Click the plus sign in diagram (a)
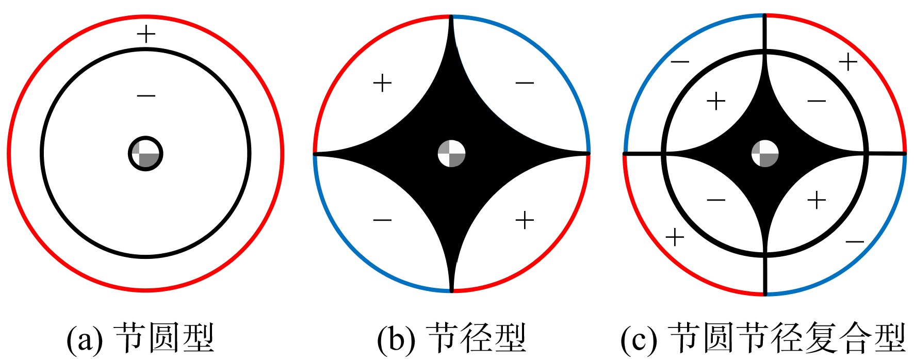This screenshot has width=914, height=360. [146, 35]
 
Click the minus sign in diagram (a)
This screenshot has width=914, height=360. [146, 95]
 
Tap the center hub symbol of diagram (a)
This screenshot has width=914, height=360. [145, 154]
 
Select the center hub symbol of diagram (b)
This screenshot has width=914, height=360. [452, 154]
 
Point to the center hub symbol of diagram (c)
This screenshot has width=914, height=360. [765, 154]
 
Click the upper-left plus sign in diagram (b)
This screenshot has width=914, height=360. [382, 83]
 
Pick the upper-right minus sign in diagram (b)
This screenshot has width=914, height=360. [525, 83]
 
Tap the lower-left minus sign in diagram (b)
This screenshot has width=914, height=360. [382, 220]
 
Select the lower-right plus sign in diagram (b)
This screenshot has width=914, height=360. [525, 220]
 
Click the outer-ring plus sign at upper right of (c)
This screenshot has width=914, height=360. [848, 62]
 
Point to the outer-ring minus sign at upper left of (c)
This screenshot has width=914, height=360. [680, 62]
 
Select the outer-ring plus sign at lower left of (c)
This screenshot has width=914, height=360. [675, 238]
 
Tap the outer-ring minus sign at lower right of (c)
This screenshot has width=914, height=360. [855, 241]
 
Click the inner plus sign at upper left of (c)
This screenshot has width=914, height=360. [716, 101]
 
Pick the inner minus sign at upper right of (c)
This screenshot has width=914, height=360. [817, 101]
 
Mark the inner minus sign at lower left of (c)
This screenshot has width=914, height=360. [716, 200]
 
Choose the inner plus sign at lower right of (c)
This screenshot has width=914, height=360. [817, 200]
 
